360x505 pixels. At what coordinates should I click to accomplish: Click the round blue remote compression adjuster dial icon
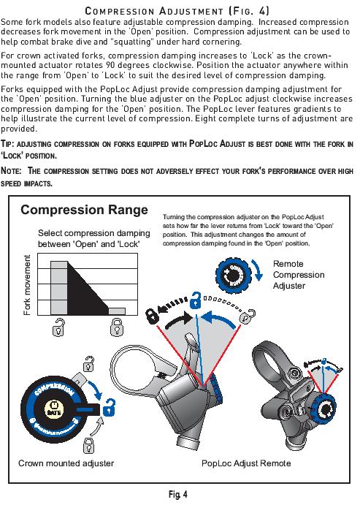(235, 278)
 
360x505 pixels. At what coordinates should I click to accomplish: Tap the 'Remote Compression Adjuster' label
(298, 275)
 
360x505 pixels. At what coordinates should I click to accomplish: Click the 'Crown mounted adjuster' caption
(66, 463)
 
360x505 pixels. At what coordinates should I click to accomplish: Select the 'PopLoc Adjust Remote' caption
(246, 463)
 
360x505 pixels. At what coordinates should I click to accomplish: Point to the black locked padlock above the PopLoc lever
(150, 316)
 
